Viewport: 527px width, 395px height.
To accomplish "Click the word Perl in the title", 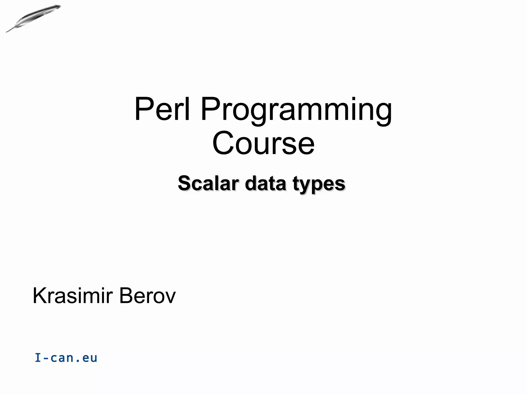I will (162, 109).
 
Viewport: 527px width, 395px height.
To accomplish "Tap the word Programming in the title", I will (296, 111).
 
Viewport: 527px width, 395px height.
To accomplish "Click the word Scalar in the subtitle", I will (208, 183).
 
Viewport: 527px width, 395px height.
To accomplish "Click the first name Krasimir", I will (73, 296).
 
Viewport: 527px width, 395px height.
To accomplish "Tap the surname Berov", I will (147, 296).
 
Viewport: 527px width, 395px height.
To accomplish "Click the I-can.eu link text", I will (66, 358).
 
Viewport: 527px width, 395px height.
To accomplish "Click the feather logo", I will (33, 18).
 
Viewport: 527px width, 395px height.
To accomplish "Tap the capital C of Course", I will (223, 143).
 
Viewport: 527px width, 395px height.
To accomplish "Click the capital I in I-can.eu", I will (38, 358).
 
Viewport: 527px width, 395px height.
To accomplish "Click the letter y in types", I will (306, 186).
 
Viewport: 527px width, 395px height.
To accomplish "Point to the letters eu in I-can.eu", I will (90, 358).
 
